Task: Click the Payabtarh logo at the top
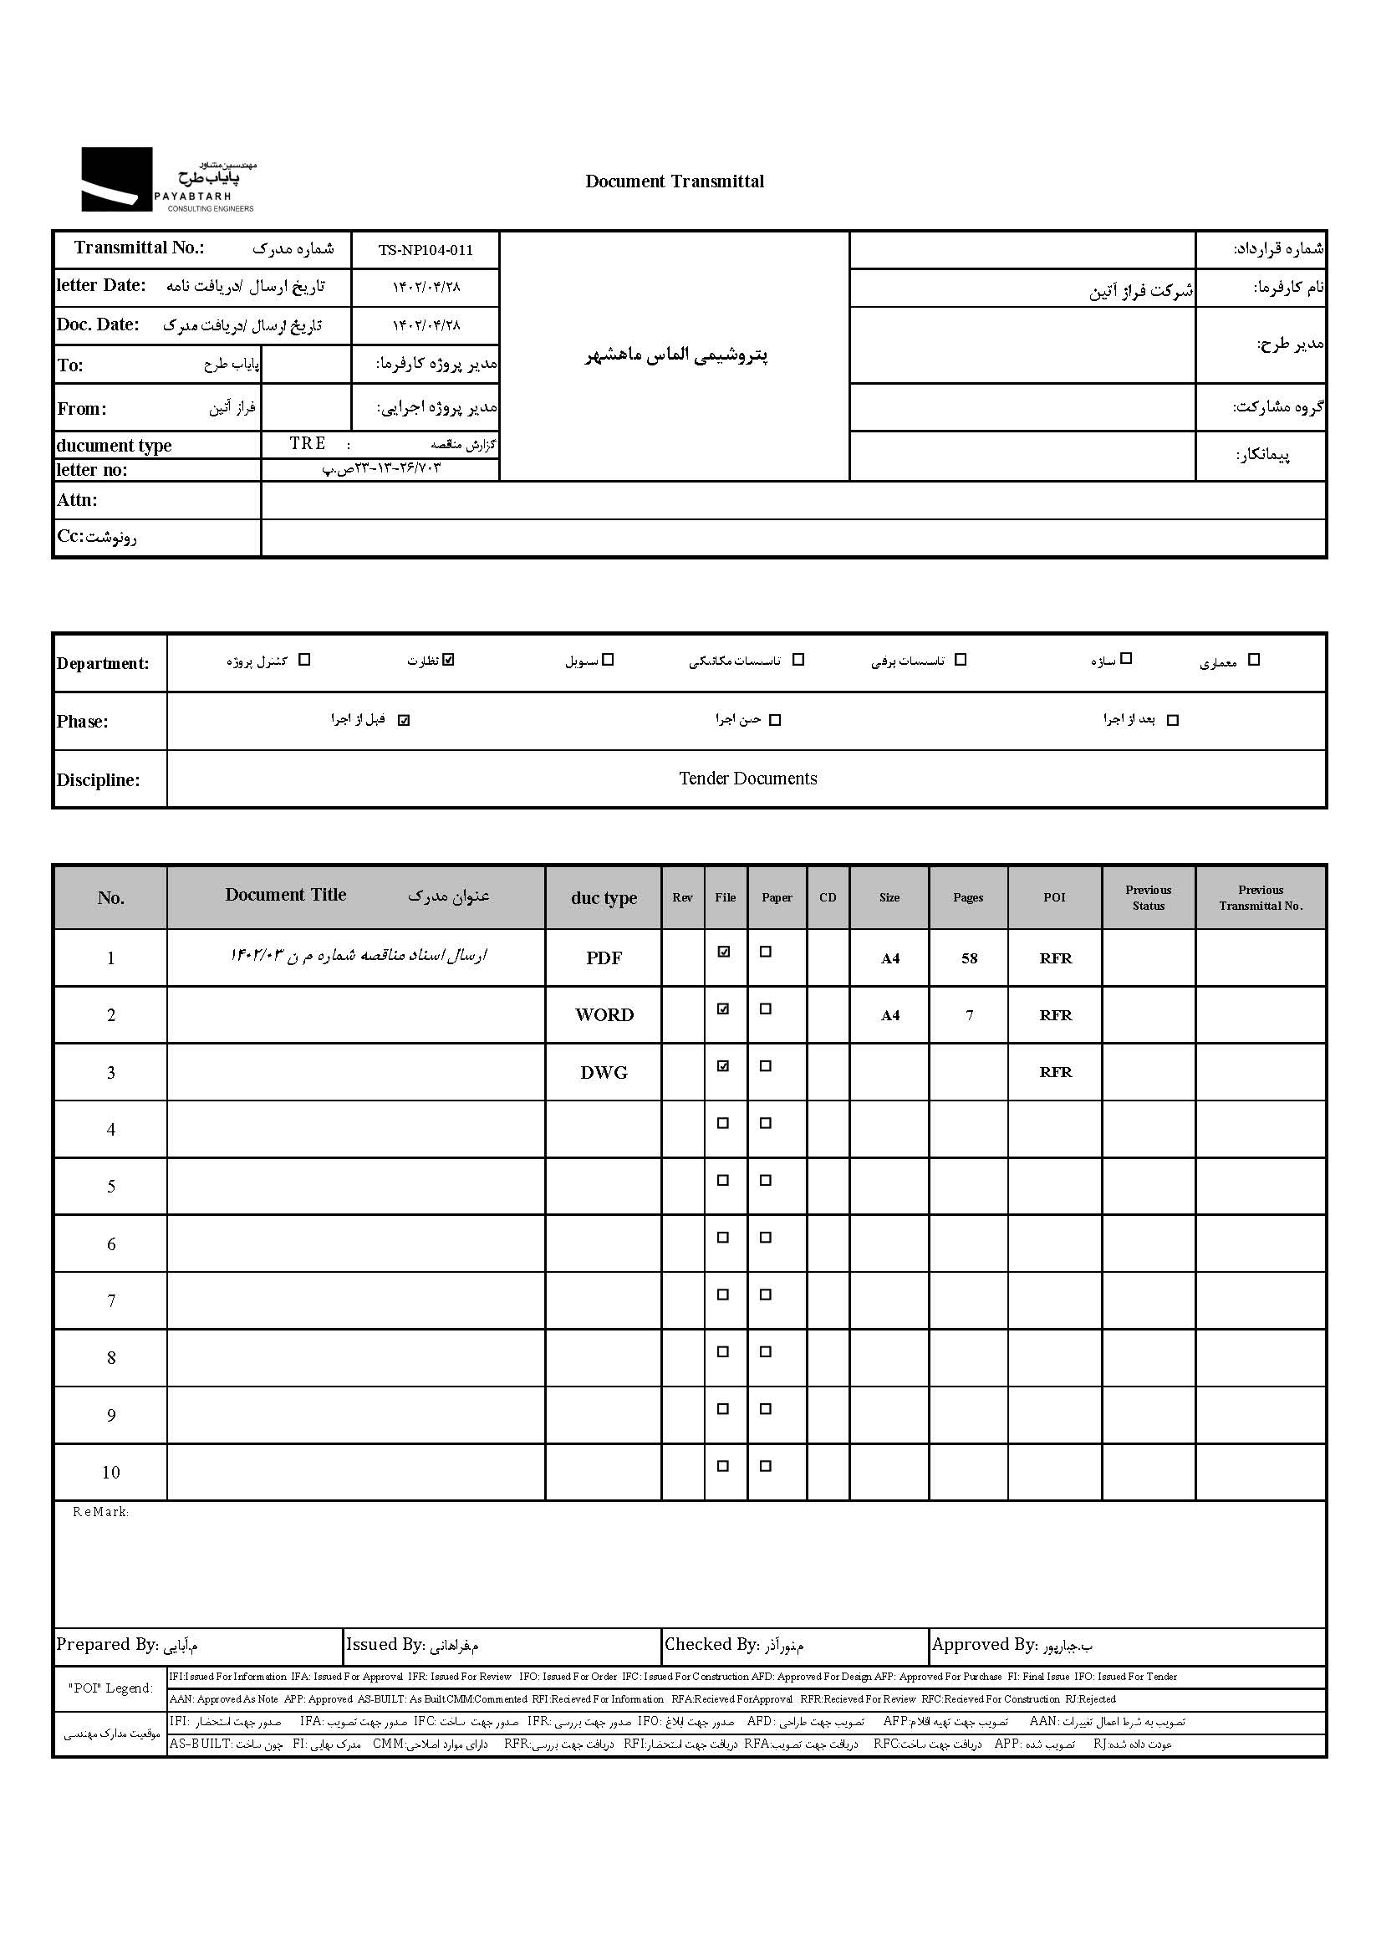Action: click(x=168, y=180)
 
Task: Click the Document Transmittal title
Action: click(x=675, y=181)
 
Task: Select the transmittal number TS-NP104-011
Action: click(x=425, y=249)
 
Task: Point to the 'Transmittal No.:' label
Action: click(x=139, y=248)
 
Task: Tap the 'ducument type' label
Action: click(x=114, y=446)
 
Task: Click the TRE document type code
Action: click(x=308, y=444)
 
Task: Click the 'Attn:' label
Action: click(x=77, y=500)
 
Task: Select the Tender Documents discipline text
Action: click(x=747, y=779)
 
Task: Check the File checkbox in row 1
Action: click(x=723, y=952)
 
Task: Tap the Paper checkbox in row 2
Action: click(x=766, y=1009)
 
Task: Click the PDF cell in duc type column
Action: click(x=604, y=958)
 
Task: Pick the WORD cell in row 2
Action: click(x=604, y=1015)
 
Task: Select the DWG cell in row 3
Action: click(x=604, y=1073)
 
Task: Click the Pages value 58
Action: click(x=969, y=958)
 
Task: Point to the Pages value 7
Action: click(x=969, y=1015)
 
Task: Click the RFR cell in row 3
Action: click(x=1055, y=1073)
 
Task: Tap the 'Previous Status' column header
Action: click(x=1148, y=898)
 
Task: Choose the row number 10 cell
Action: click(x=110, y=1472)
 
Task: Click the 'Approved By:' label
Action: click(x=984, y=1645)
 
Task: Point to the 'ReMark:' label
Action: click(x=100, y=1512)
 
